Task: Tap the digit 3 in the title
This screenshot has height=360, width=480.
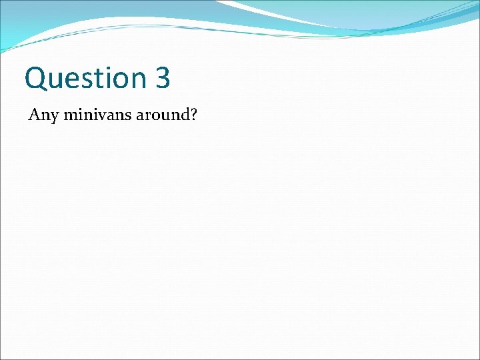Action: pyautogui.click(x=163, y=78)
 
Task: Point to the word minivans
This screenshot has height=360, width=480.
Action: pyautogui.click(x=95, y=115)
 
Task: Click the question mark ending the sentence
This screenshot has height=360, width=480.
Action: pyautogui.click(x=193, y=115)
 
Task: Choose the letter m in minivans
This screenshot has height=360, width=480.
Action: pyautogui.click(x=72, y=115)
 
